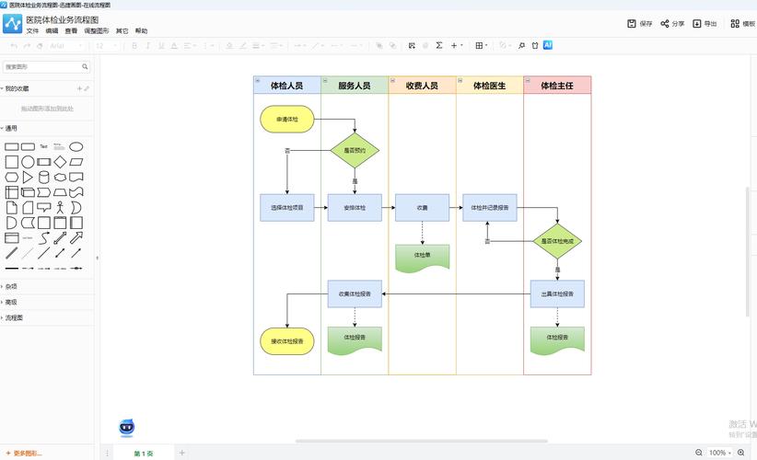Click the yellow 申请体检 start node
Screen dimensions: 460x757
[x=286, y=119]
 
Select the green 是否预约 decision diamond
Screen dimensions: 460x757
[x=355, y=150]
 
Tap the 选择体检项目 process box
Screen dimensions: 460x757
[x=286, y=208]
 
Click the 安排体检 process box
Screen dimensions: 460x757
[x=355, y=208]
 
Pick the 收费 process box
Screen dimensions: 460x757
[x=422, y=208]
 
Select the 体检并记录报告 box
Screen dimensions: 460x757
[x=489, y=208]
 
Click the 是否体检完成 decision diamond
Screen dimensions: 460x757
[x=557, y=241]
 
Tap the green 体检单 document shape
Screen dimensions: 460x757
[x=422, y=257]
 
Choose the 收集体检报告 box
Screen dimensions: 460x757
[x=355, y=294]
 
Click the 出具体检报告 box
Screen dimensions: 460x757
[x=557, y=294]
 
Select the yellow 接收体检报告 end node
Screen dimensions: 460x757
[x=286, y=341]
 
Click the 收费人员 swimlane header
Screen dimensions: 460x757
[x=422, y=86]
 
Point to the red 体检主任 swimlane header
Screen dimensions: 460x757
[x=557, y=86]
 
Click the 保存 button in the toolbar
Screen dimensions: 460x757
[x=639, y=24]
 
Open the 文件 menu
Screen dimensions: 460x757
[x=32, y=30]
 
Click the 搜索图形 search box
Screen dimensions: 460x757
[x=41, y=66]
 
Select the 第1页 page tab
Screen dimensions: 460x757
[x=144, y=453]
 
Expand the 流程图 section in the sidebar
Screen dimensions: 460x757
[x=14, y=317]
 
